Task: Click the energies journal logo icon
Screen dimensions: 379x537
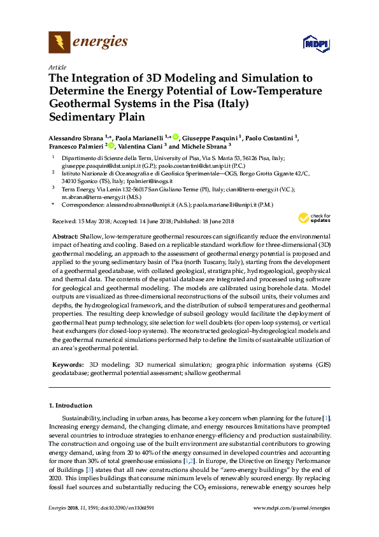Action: [x=59, y=43]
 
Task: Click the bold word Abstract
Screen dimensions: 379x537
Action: [x=66, y=218]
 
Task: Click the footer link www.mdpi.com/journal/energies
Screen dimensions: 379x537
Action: [x=292, y=526]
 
